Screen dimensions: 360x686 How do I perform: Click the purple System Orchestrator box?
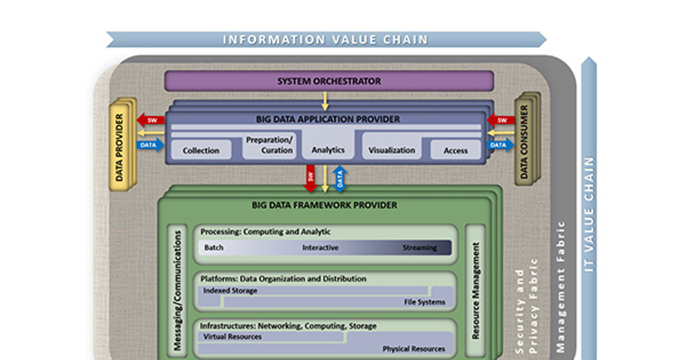point(329,81)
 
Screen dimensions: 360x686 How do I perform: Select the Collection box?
point(201,150)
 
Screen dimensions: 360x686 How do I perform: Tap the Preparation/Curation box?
point(269,145)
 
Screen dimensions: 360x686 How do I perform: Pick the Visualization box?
point(392,150)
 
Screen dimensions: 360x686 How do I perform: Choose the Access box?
point(456,150)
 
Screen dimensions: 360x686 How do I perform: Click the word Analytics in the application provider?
point(328,150)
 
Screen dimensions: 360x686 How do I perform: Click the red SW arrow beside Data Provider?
point(150,120)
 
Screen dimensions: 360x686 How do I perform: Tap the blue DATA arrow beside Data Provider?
point(150,145)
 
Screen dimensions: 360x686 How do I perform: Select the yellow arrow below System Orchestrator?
point(325,100)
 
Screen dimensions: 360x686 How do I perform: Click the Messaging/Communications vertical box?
point(178,290)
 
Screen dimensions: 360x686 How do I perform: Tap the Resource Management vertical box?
point(475,290)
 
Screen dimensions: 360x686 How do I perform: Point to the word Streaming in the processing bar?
point(419,248)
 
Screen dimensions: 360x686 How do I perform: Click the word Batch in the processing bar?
point(214,248)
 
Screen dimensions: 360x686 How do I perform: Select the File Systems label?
point(424,302)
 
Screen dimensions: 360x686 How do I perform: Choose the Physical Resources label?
point(413,349)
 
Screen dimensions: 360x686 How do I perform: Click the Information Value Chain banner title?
point(325,39)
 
